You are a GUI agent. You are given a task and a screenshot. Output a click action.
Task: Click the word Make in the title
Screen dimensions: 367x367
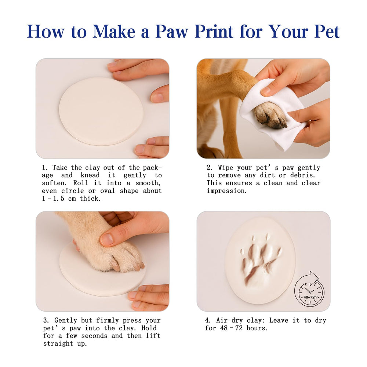[x=114, y=31]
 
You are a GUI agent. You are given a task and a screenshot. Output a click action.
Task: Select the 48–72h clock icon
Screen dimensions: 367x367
[x=309, y=289]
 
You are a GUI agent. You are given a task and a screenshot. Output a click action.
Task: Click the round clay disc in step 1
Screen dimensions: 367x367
[x=101, y=111]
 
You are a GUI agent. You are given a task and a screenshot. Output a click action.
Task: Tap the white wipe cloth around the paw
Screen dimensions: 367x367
[x=272, y=112]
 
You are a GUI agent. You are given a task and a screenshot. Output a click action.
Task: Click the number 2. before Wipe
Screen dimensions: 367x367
[x=210, y=168]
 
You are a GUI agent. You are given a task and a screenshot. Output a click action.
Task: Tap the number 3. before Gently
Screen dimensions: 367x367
[x=46, y=320]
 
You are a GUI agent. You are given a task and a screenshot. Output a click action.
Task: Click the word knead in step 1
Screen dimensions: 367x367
[x=90, y=175]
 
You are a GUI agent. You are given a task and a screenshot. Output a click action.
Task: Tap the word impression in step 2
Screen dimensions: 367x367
[x=227, y=191]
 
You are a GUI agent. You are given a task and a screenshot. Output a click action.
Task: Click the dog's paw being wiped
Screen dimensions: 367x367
[x=270, y=116]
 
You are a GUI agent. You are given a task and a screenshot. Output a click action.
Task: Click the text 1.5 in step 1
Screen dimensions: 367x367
[x=58, y=199]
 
